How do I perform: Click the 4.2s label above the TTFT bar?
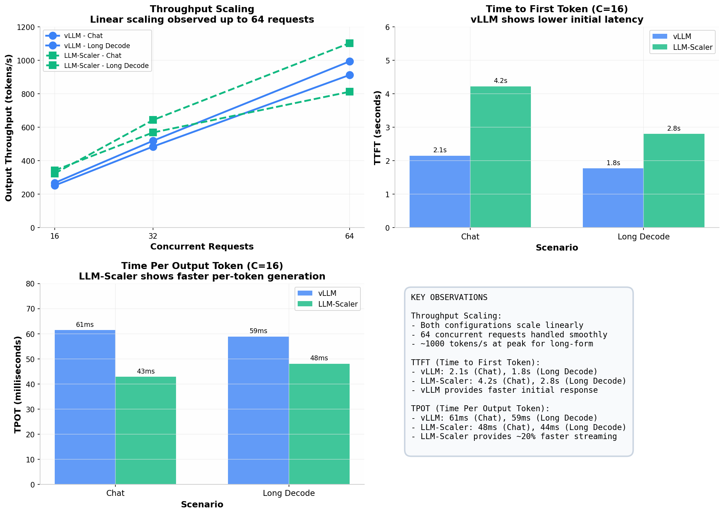coord(500,81)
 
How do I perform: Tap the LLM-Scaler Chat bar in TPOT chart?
coord(146,430)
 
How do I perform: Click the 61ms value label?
coord(85,325)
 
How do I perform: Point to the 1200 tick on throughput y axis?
coord(28,27)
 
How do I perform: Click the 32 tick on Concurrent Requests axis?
coord(153,237)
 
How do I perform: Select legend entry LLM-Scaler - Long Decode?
coord(106,66)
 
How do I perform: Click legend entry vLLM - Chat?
coord(83,36)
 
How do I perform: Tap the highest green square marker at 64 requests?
coord(350,43)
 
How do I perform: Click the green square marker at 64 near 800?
coord(350,92)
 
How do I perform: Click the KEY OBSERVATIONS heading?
coord(449,298)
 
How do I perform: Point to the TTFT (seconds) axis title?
coord(377,128)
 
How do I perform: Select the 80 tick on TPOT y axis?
coord(31,284)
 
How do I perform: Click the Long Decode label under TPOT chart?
coord(289,493)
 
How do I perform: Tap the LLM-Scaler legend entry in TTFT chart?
coord(692,47)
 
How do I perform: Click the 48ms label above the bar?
coord(319,358)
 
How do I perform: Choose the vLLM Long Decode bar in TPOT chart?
coord(258,411)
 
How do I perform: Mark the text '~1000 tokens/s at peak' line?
coord(502,344)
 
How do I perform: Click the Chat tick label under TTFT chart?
coord(470,237)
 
